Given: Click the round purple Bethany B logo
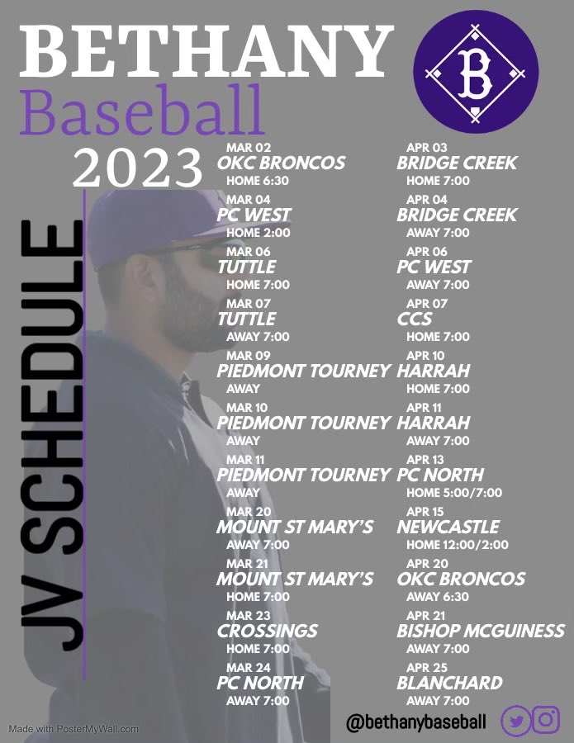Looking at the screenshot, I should (475, 75).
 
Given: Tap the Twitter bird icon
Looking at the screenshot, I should (516, 720).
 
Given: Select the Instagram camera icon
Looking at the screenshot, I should (546, 720).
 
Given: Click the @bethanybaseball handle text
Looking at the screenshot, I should (416, 722).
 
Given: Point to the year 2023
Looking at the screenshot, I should (137, 168).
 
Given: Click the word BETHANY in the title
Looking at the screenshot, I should (205, 51).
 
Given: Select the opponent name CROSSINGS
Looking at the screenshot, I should (267, 631).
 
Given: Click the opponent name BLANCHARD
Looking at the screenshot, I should (449, 683).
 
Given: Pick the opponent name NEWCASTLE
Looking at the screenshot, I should (448, 527).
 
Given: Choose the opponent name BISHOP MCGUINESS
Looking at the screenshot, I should (481, 631).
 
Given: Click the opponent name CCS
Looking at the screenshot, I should (415, 319).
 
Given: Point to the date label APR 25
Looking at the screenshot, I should (426, 667).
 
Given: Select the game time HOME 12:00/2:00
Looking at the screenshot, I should (458, 545).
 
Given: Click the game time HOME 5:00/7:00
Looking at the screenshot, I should (454, 493).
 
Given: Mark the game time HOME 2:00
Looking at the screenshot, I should (258, 233).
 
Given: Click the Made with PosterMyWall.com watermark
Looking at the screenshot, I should (74, 729).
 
